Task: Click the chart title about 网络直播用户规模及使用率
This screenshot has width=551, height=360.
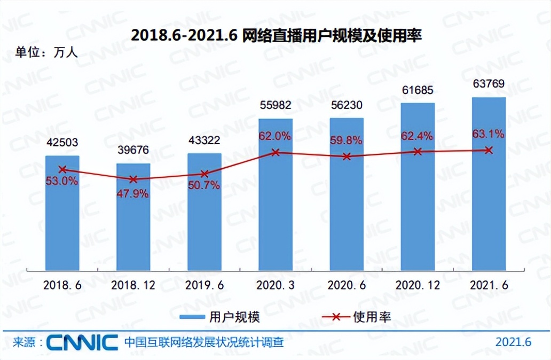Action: (x=276, y=36)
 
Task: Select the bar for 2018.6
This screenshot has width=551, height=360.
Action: (x=62, y=214)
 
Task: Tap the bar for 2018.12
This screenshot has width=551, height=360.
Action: (x=133, y=219)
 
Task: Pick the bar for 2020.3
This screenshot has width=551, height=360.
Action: (x=275, y=192)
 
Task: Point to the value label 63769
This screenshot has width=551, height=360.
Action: (x=489, y=84)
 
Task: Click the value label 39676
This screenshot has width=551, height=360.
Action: (x=133, y=149)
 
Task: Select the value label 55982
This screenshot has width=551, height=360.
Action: (x=275, y=105)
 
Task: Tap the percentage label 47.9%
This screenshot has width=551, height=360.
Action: (x=133, y=193)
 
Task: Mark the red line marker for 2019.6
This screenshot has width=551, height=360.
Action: (x=204, y=174)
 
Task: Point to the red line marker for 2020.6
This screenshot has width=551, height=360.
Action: (x=347, y=156)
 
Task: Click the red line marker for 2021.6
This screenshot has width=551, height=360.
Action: (x=489, y=150)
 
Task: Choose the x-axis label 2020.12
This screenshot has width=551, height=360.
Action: (x=418, y=286)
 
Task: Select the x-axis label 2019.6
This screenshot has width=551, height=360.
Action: (x=204, y=286)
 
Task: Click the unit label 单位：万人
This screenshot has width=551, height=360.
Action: (x=46, y=52)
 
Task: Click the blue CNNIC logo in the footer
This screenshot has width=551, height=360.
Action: (x=82, y=342)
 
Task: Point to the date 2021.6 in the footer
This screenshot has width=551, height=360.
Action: (x=514, y=342)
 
